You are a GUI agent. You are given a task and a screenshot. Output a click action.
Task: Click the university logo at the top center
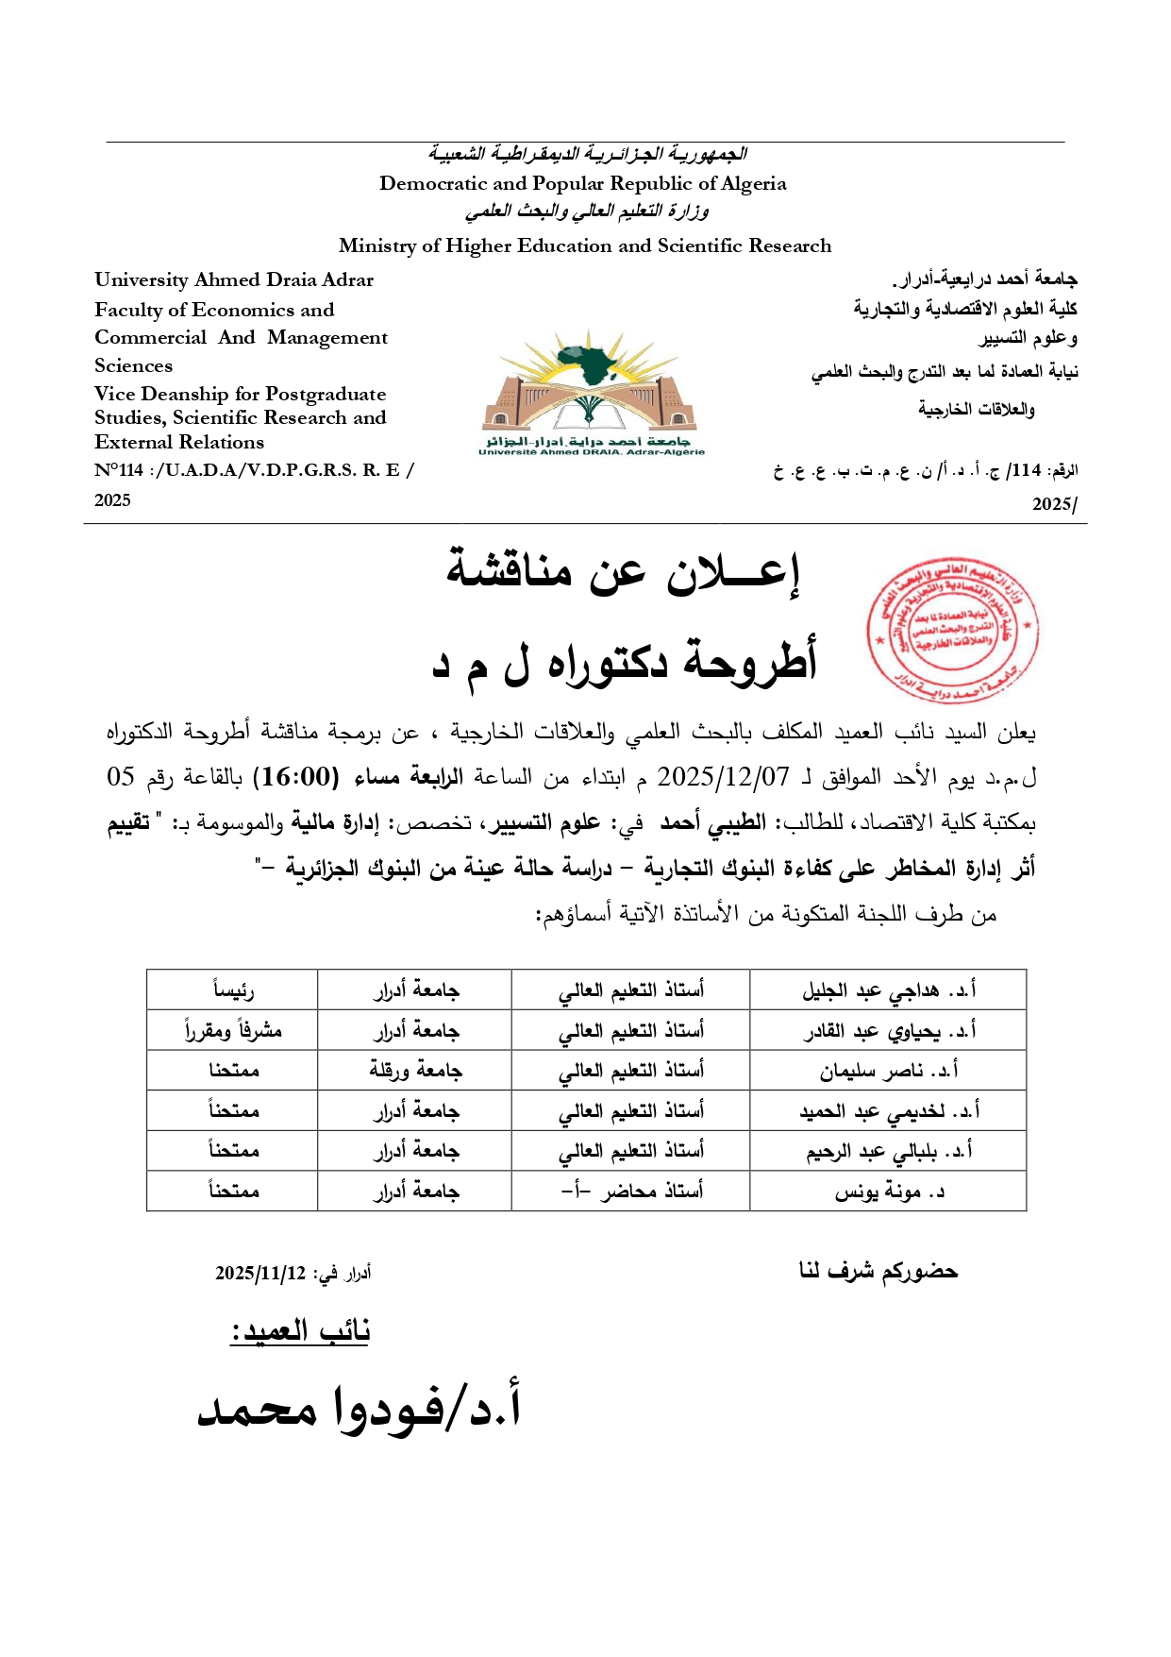point(591,392)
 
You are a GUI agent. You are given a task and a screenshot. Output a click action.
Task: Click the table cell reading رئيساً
point(233,990)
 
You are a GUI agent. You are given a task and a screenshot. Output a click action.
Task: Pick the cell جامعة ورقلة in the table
point(415,1071)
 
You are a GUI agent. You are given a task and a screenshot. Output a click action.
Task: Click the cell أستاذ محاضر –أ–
point(631,1192)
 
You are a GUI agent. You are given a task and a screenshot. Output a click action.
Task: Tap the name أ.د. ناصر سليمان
point(889,1071)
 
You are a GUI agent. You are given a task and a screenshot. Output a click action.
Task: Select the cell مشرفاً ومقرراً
point(233,1030)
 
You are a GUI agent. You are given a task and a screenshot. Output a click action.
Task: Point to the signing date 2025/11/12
point(260,1273)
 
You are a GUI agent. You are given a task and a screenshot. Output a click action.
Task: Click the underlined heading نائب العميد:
point(300,1330)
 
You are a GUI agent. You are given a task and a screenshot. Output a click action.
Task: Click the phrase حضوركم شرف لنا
point(878,1271)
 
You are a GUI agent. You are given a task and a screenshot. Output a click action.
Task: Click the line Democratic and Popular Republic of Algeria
point(582,183)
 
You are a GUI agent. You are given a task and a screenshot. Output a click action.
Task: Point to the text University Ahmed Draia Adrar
point(234,279)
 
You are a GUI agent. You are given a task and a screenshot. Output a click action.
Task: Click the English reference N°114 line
point(254,470)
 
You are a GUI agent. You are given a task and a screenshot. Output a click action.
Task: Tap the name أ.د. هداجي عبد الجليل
point(889,990)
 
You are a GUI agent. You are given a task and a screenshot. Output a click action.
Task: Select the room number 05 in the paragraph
point(122,777)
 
